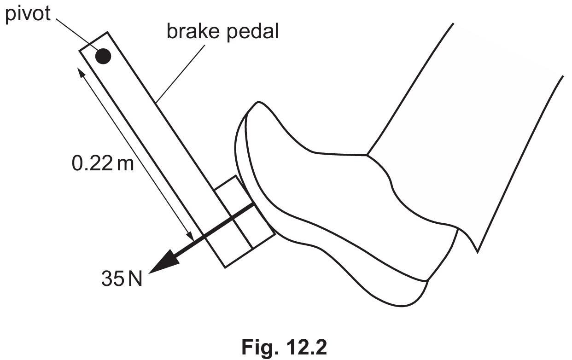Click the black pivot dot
point(103,56)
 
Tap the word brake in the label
point(193,31)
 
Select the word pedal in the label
point(252,32)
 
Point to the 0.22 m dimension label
point(103,163)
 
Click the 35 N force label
point(122,279)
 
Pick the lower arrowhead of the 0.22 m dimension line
point(191,237)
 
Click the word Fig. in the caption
point(260,347)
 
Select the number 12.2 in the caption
point(306,347)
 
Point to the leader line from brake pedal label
point(181,74)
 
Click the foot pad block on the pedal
point(245,221)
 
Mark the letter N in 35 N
point(135,279)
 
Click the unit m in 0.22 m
point(125,164)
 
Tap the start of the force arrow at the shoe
point(254,204)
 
